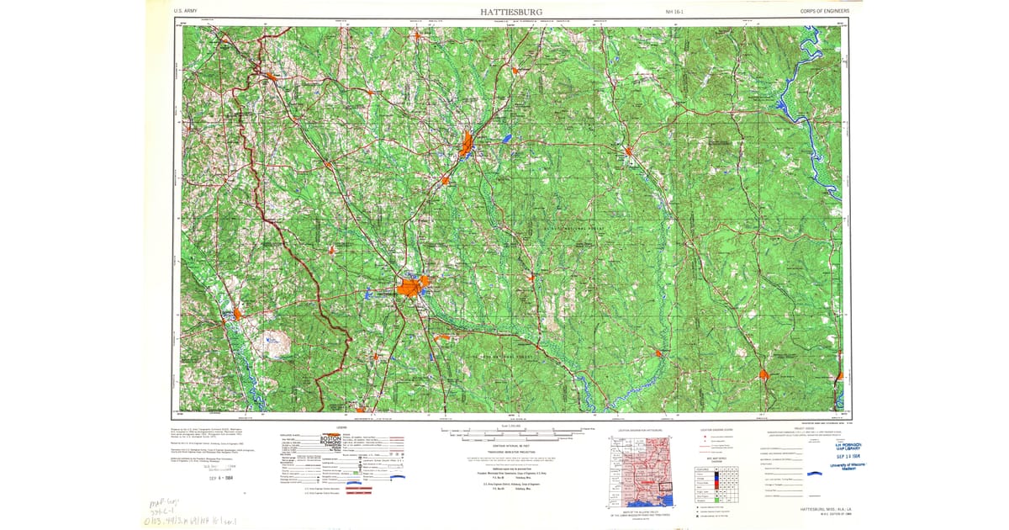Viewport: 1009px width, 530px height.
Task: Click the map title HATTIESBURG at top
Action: pos(505,12)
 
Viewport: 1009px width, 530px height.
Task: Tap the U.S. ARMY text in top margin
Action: pos(187,12)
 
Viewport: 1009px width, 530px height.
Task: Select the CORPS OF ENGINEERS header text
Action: pos(825,12)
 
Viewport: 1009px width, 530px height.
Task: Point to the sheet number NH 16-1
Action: pos(675,12)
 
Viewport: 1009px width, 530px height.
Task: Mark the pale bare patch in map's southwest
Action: pos(278,342)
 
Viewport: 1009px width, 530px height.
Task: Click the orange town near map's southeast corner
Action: pos(763,374)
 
